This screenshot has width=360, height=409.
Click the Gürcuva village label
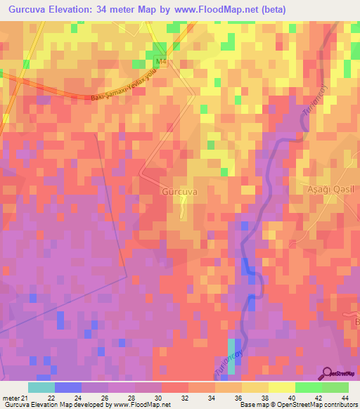[179, 191]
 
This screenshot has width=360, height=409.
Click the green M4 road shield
[162, 62]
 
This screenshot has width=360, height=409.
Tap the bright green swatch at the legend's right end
[335, 387]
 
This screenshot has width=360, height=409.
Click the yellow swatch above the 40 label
[281, 387]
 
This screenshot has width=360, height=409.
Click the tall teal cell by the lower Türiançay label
[231, 351]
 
